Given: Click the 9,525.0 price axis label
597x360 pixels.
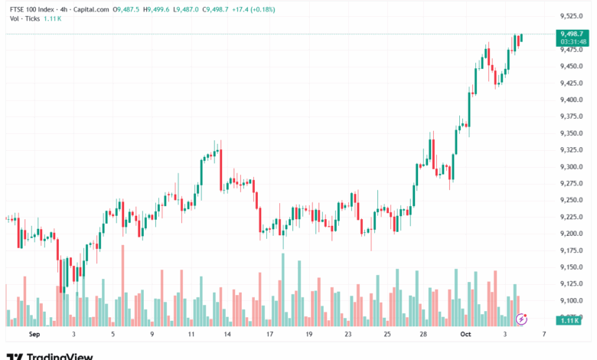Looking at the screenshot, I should [x=572, y=16].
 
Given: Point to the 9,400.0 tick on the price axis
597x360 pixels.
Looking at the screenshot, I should [x=572, y=100].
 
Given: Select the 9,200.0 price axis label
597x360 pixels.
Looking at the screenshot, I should [x=572, y=234].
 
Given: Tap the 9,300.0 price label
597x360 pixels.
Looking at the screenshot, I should [x=572, y=167].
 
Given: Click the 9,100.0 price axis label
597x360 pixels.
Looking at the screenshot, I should [x=572, y=300].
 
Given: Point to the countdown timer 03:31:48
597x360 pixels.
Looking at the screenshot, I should [x=573, y=42].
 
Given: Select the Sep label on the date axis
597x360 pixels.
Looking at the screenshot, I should [x=33, y=335].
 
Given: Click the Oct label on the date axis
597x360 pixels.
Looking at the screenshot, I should [x=465, y=335].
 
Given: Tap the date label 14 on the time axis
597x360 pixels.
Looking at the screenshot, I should [x=228, y=335].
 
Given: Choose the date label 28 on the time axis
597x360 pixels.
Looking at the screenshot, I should [x=423, y=335].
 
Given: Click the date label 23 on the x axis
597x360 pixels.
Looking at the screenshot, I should [x=347, y=335].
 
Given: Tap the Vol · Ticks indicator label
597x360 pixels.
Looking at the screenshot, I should [x=25, y=18].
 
